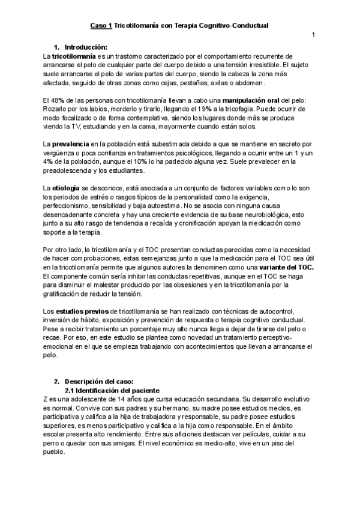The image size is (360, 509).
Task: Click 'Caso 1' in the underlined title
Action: click(101, 26)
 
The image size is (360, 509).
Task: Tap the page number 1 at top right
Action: click(313, 34)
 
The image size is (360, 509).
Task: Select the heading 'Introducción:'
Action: click(85, 47)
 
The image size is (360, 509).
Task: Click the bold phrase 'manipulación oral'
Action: click(251, 99)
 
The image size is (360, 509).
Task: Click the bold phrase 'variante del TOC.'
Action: click(285, 267)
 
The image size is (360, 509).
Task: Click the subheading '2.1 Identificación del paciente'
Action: click(113, 390)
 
